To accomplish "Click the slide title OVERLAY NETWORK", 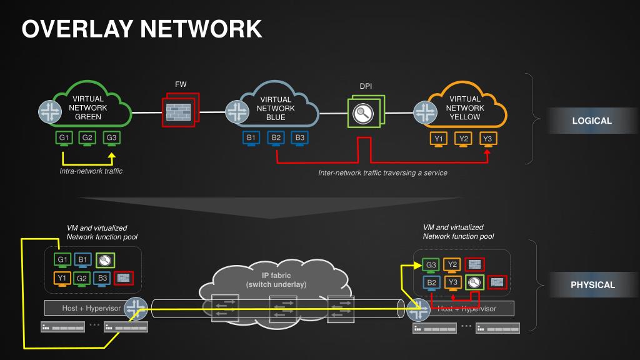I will pos(142,29).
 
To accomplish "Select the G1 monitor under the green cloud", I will pos(64,138).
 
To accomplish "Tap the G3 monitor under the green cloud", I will pos(111,138).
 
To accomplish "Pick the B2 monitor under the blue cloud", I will pos(276,138).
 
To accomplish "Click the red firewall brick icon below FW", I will pos(179,112).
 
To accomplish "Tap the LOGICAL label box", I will pos(592,121).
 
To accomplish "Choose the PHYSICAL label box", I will pos(592,285).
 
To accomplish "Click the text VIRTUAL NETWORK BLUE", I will pos(276,108).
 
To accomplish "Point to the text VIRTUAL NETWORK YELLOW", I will pos(465,107).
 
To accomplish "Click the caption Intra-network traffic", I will pos(91,171).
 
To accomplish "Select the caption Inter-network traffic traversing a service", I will pos(382,172).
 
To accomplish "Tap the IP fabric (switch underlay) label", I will pos(276,280).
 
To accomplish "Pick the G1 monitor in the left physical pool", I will pos(62,260).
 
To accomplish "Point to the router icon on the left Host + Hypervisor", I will pos(134,307).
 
